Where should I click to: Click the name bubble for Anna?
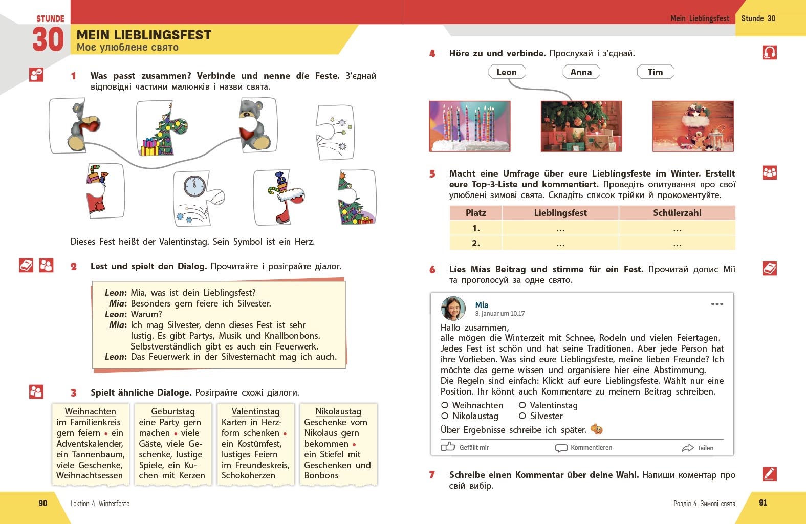[581, 72]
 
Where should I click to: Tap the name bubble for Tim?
[655, 72]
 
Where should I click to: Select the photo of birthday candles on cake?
[470, 126]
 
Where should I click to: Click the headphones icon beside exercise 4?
[770, 53]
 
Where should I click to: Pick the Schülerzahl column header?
[677, 213]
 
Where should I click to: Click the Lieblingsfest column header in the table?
[560, 213]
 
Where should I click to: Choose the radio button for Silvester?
[522, 416]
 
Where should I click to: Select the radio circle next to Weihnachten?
[445, 405]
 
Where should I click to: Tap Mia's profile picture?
[453, 309]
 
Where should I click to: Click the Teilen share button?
[698, 448]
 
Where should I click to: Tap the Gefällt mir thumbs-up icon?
[448, 447]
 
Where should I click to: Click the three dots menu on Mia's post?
[717, 304]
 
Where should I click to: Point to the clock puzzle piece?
[197, 197]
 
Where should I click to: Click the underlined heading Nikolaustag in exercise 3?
[338, 411]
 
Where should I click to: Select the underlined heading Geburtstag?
[173, 411]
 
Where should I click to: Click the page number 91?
[763, 503]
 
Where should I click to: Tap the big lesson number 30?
[48, 40]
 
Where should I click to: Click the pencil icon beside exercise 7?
[770, 474]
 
